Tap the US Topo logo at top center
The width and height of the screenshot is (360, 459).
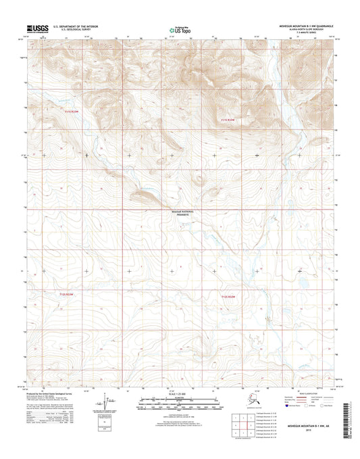point(180,30)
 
